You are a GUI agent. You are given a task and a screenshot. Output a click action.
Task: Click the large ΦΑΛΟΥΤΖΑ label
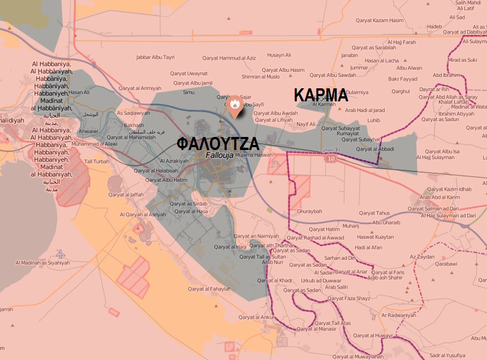(218, 143)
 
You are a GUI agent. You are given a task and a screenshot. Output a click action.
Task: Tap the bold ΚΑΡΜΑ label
(320, 95)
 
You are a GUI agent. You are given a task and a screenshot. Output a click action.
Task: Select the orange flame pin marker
(234, 106)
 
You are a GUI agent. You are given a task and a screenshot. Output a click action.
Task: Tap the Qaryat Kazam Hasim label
(381, 20)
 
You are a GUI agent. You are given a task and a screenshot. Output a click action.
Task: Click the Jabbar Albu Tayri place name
(156, 57)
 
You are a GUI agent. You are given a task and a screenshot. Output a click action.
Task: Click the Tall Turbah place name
(97, 161)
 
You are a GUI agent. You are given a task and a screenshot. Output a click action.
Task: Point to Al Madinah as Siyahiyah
(43, 263)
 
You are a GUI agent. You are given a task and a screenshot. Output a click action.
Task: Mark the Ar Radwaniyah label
(399, 315)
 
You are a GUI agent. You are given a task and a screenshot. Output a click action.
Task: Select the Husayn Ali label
(279, 55)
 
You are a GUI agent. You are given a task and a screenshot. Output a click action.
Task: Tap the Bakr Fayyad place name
(403, 79)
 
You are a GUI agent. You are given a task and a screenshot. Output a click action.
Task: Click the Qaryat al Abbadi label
(375, 149)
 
